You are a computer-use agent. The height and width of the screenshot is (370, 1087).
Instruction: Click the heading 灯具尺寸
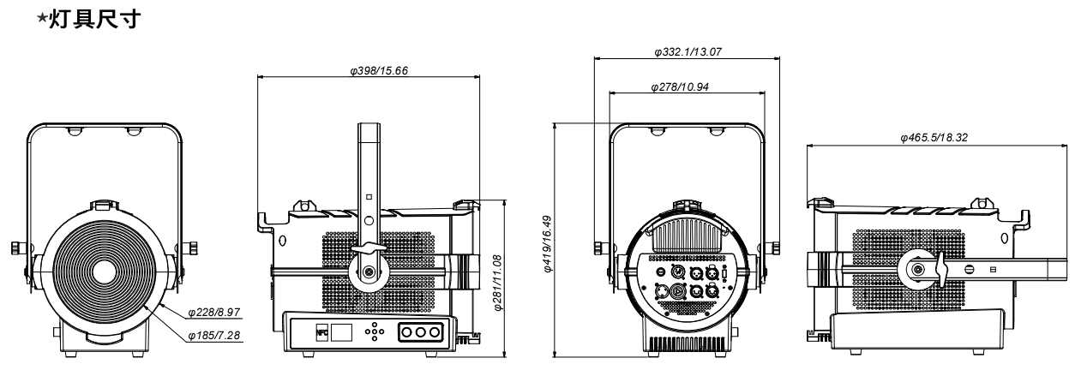(x=96, y=19)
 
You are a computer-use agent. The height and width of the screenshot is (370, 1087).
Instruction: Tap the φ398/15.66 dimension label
(x=379, y=71)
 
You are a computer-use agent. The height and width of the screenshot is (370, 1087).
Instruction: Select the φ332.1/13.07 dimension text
(x=688, y=52)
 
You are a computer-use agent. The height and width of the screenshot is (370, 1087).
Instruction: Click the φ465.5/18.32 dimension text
(x=934, y=138)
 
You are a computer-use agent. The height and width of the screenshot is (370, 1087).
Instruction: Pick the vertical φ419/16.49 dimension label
(x=547, y=243)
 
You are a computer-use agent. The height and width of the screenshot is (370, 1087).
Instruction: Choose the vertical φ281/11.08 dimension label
(x=497, y=283)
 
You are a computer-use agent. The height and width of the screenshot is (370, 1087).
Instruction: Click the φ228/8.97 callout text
(x=214, y=313)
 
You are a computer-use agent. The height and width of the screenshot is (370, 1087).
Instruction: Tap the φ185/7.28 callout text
(x=214, y=336)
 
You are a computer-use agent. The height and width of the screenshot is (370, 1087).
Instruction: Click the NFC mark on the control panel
(x=321, y=332)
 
